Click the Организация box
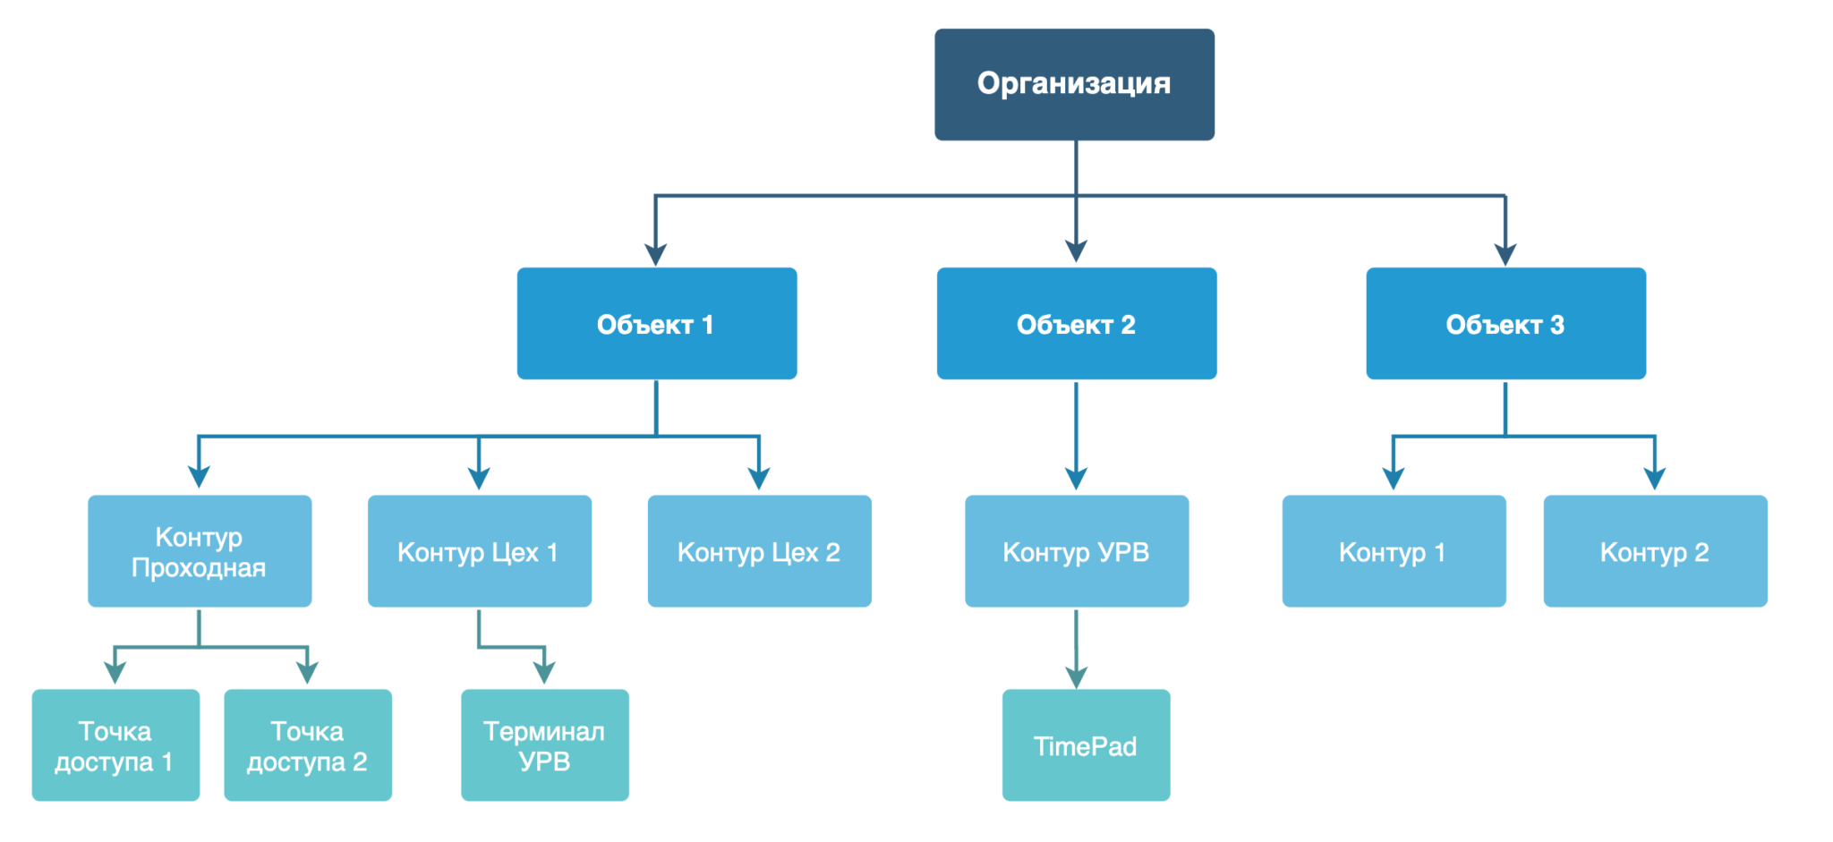(1074, 84)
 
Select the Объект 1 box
(657, 323)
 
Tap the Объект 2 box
(1077, 323)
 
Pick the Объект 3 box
(1505, 323)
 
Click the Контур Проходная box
(200, 551)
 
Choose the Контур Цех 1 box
(480, 551)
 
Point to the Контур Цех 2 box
(760, 551)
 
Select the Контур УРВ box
(1077, 551)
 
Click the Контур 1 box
(1394, 551)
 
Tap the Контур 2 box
(1655, 551)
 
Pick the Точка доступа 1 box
(115, 744)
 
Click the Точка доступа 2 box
(308, 744)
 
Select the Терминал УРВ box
(545, 744)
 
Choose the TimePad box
(1086, 744)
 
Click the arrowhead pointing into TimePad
(1077, 677)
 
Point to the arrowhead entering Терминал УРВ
(544, 673)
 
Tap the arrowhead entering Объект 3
(1505, 254)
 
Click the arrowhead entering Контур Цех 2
(759, 478)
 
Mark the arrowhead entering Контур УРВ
(1077, 478)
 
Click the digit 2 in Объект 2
(1128, 325)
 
